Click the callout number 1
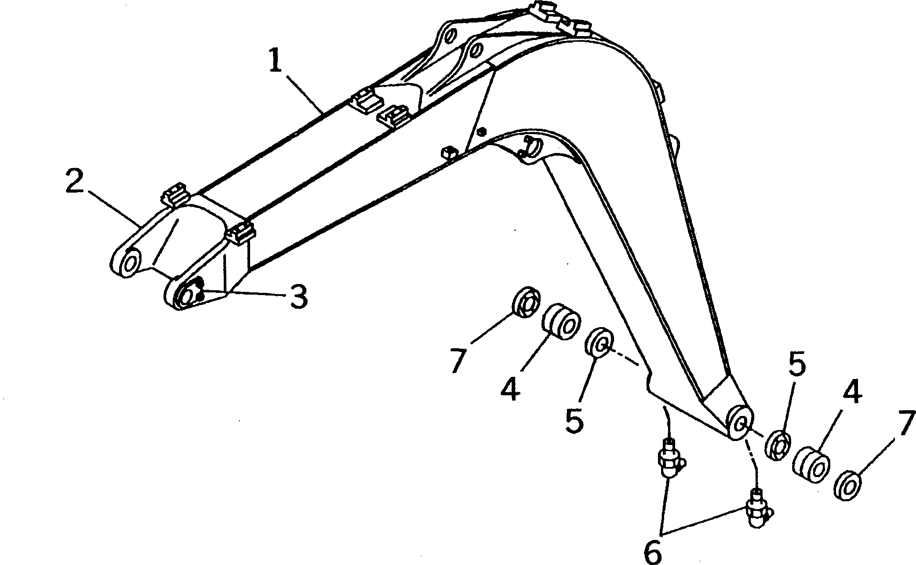pyautogui.click(x=275, y=62)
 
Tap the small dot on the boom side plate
pyautogui.click(x=483, y=131)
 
